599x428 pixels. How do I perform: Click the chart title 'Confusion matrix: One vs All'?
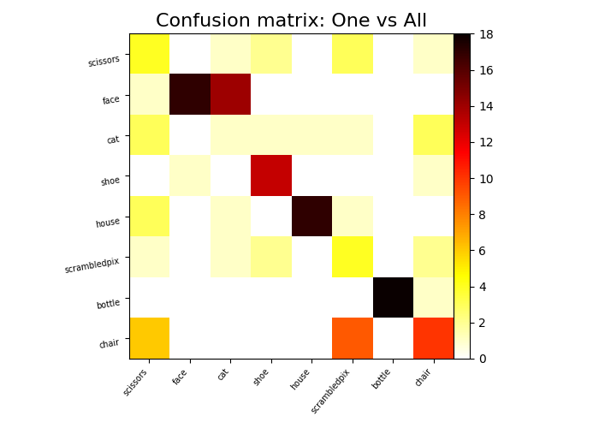coord(291,21)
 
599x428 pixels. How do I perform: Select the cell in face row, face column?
coord(190,94)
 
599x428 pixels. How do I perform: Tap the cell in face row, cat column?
coord(230,94)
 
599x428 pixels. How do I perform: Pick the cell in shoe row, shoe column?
coord(271,175)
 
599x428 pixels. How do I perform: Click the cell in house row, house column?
coord(311,216)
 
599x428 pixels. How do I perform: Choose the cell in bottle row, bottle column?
coord(393,297)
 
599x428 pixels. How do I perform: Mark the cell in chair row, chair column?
coord(433,338)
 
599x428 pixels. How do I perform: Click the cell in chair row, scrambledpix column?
coord(352,338)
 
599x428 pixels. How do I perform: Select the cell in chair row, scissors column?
coord(149,338)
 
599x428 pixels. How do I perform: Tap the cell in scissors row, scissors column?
coord(149,54)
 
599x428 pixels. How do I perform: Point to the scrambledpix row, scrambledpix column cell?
coord(352,257)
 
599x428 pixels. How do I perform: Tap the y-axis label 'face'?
coord(111,99)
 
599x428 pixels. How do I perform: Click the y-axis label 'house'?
coord(107,223)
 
